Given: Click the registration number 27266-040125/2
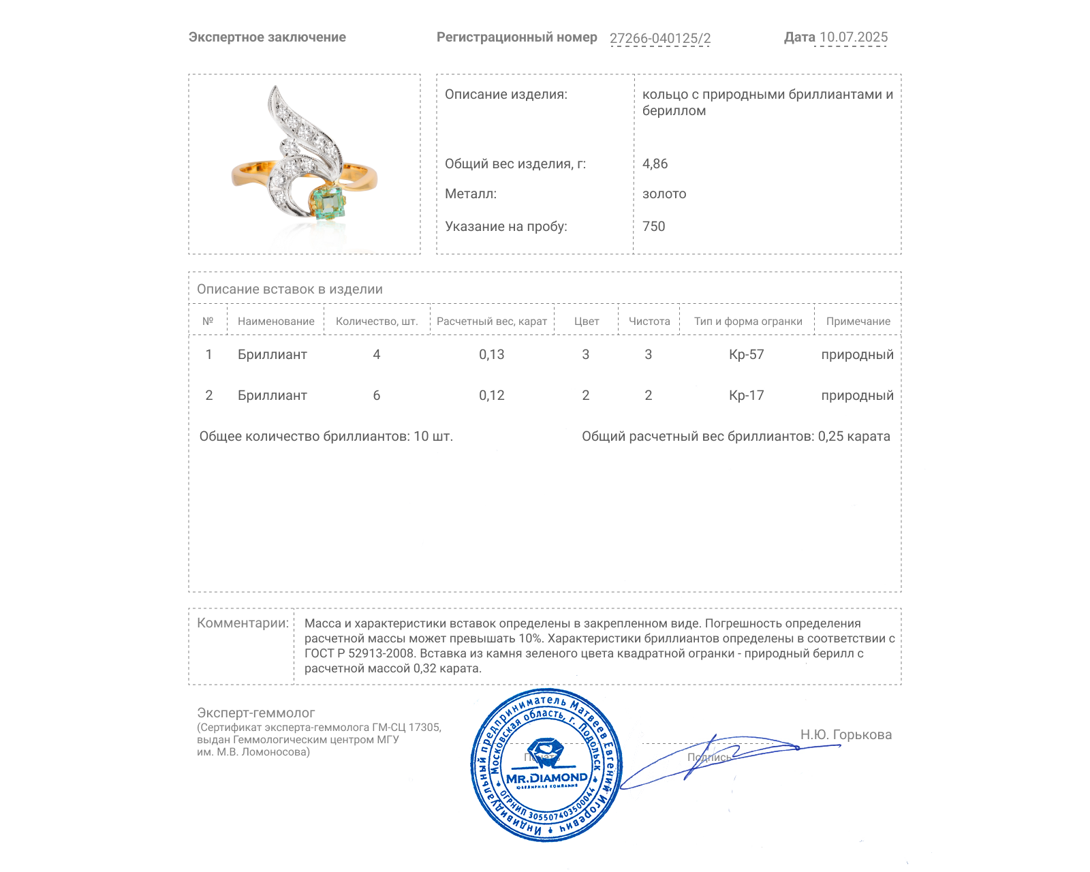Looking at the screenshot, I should tap(659, 38).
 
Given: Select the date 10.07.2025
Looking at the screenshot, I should tap(853, 37).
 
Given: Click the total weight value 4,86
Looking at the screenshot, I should tap(655, 163).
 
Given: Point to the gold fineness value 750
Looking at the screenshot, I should tap(653, 226).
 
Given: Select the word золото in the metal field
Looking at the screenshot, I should tap(664, 194).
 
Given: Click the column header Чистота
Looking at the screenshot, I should tap(649, 322).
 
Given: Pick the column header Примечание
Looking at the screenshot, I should tap(858, 322).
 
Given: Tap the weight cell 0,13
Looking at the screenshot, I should tap(491, 354).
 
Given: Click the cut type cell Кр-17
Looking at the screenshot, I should tap(746, 396).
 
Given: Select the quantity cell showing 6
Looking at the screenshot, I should tap(376, 396).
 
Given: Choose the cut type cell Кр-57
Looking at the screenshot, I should tap(746, 354).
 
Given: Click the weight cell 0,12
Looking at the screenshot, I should tap(491, 396).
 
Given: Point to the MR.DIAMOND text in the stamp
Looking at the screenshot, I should tap(546, 777).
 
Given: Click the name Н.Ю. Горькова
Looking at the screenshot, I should tap(845, 734).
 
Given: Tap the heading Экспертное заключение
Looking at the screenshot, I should tap(267, 37).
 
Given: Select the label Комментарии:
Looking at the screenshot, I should tap(243, 623).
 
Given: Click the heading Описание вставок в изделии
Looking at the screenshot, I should tap(290, 290).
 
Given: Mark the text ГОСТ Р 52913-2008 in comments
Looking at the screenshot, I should tap(359, 653).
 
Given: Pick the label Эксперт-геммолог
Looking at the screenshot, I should tap(255, 713).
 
